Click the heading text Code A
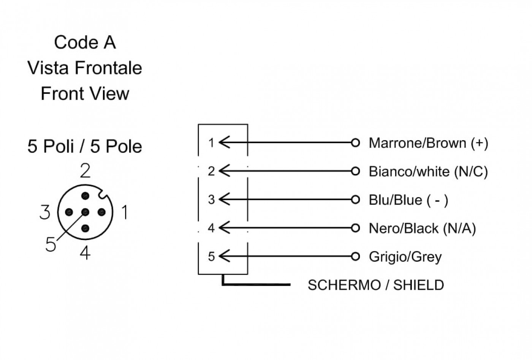pyautogui.click(x=85, y=43)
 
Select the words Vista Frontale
pyautogui.click(x=85, y=68)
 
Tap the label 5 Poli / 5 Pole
pyautogui.click(x=85, y=146)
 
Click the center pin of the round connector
pyautogui.click(x=85, y=212)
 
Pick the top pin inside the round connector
pyautogui.click(x=85, y=196)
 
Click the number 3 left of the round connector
pyautogui.click(x=45, y=212)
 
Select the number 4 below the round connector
pyautogui.click(x=85, y=253)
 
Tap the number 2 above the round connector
pyautogui.click(x=85, y=171)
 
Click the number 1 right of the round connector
pyautogui.click(x=125, y=212)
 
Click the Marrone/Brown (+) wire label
pyautogui.click(x=428, y=143)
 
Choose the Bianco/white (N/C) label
pyautogui.click(x=428, y=172)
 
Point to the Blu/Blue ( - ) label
pyautogui.click(x=408, y=200)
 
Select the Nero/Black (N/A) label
pyautogui.click(x=422, y=229)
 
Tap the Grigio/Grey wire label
pyautogui.click(x=405, y=257)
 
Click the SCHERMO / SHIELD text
pyautogui.click(x=376, y=285)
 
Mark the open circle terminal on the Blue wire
pyautogui.click(x=355, y=200)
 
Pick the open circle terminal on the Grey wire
pyautogui.click(x=355, y=257)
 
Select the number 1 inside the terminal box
pyautogui.click(x=211, y=143)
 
